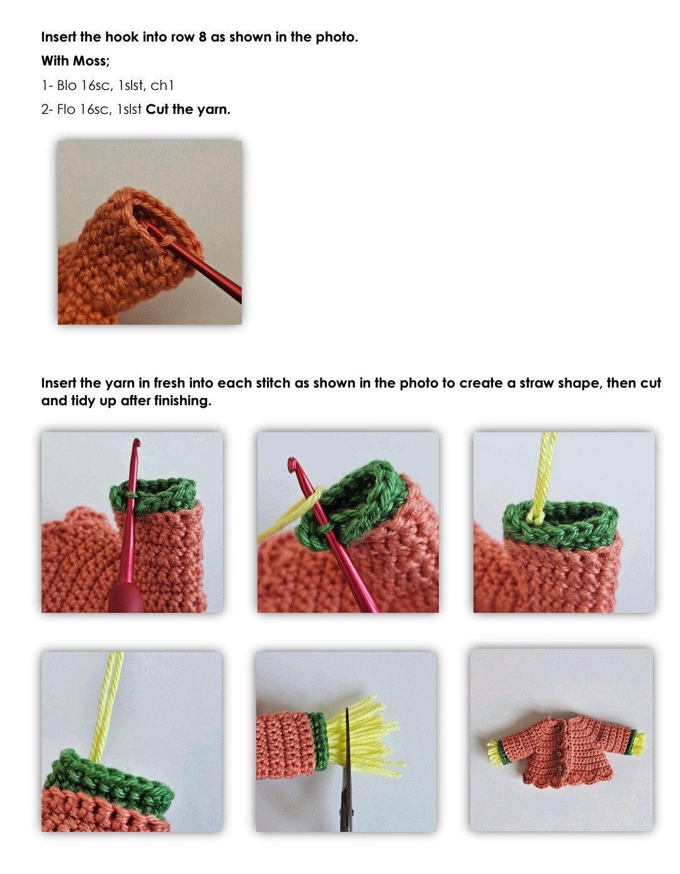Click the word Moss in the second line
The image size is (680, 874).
click(91, 61)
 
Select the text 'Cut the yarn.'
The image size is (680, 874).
click(188, 109)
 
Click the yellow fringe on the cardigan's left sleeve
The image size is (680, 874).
click(494, 752)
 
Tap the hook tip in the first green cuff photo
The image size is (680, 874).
click(137, 442)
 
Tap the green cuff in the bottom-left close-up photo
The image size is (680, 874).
click(109, 780)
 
